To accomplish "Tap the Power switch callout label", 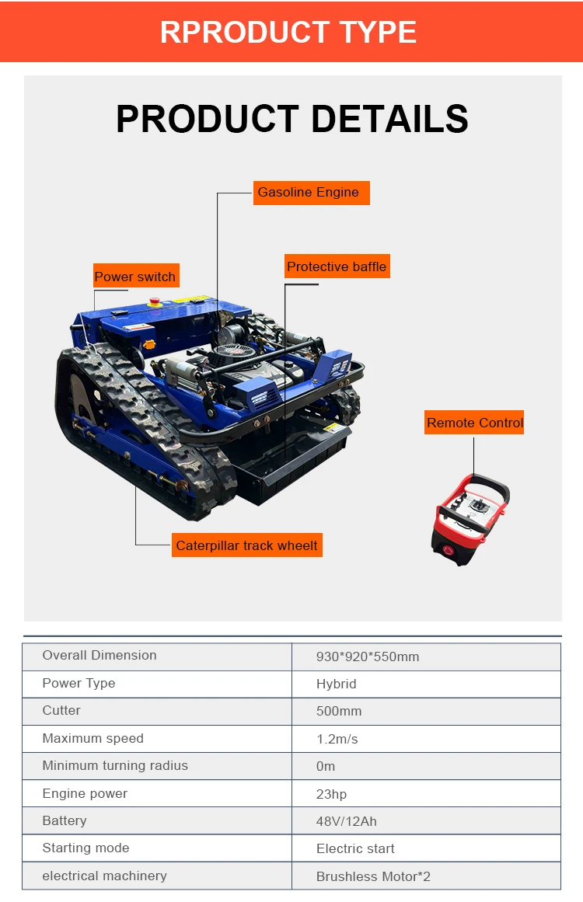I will [x=135, y=277].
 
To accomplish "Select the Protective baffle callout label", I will [x=336, y=266].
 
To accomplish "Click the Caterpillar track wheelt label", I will [x=246, y=545].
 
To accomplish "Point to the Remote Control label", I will [x=475, y=423].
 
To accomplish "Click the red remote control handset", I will [x=470, y=517].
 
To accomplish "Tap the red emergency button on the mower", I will [x=155, y=301].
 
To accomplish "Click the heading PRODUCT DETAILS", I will [x=292, y=119].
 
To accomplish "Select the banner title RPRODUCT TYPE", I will [x=288, y=32].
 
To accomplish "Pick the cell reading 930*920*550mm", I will [x=368, y=656].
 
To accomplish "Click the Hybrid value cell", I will [x=337, y=684].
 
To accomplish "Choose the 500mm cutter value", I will [x=339, y=711].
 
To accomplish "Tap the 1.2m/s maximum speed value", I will [x=337, y=739].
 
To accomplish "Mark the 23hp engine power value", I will [x=332, y=794].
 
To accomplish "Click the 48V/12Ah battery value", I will [x=347, y=821].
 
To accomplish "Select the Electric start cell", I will [x=355, y=848].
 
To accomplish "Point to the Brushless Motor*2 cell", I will [x=373, y=876].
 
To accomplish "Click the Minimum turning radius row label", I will [x=115, y=765].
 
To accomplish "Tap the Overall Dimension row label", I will [x=99, y=655].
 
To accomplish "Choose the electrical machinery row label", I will [x=104, y=876].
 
